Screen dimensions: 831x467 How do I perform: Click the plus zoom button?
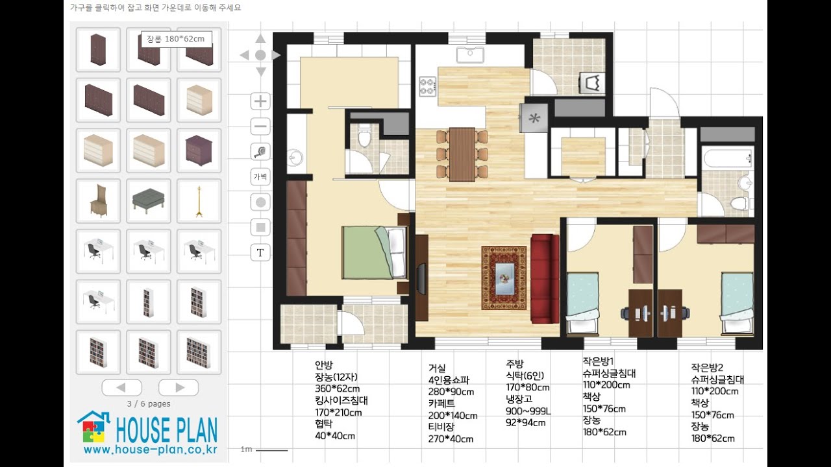260,101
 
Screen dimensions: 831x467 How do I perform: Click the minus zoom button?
260,126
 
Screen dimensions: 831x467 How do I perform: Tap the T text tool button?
260,253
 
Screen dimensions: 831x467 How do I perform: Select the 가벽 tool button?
260,177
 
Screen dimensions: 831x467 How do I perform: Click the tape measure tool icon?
260,152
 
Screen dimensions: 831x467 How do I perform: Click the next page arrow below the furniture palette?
179,388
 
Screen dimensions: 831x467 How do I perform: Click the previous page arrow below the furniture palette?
121,388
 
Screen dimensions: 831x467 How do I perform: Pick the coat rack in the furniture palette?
199,201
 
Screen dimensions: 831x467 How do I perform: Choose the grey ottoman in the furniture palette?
149,201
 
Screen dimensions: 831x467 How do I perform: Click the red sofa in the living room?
545,279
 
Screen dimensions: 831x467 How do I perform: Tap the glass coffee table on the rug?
504,278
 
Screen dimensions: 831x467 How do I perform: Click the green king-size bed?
375,252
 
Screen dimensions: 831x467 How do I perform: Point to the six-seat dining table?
462,154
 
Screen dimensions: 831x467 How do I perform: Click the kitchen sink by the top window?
470,55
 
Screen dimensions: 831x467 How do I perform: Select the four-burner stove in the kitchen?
428,86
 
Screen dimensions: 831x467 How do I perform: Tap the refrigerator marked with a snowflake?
534,118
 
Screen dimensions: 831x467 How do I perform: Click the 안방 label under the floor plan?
324,365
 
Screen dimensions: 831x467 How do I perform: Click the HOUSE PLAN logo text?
167,430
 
